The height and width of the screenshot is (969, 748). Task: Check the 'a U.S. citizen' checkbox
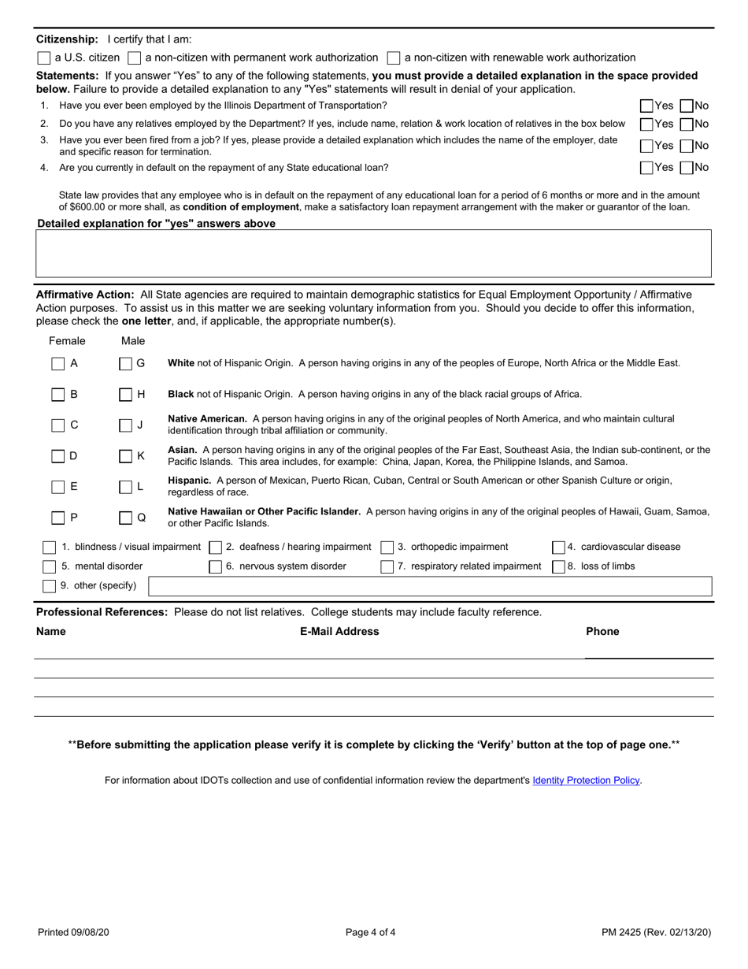pos(44,58)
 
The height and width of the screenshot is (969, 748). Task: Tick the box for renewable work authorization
pos(394,58)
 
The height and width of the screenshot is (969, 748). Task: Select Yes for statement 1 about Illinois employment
pos(646,106)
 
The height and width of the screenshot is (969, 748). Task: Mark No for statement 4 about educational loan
pos(686,167)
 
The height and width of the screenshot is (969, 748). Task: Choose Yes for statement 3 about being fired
pos(646,146)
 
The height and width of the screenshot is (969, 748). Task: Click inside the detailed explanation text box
pos(373,253)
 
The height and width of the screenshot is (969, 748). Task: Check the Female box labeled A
pos(57,364)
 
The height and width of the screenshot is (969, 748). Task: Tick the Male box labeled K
pos(125,455)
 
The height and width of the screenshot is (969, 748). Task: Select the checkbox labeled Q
pos(125,518)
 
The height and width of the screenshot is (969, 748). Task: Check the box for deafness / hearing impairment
pos(216,547)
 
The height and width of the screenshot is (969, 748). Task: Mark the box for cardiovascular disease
pos(557,547)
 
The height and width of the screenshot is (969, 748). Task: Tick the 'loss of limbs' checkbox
pos(557,566)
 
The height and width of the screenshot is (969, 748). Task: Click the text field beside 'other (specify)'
pos(430,586)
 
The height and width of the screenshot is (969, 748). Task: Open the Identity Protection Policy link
pos(586,781)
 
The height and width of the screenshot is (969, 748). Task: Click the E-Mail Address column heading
pos(339,631)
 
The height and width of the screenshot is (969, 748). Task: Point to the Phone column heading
pos(602,631)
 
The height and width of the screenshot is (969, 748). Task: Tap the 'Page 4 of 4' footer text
pos(371,933)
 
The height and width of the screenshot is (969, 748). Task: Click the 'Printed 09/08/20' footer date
pos(73,933)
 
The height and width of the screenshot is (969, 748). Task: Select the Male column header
pos(133,341)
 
